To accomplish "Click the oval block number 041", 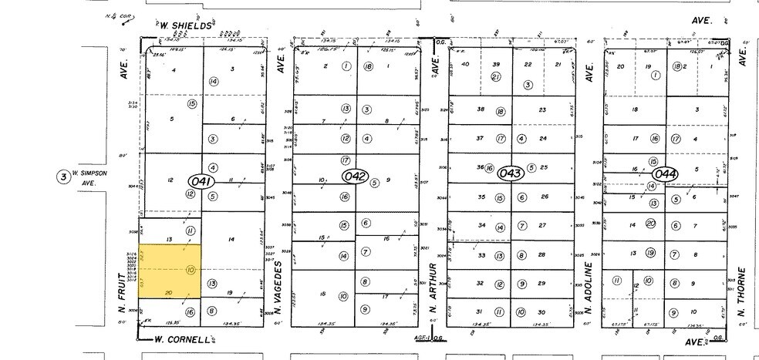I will click(x=200, y=180).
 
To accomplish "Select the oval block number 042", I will click(x=355, y=177).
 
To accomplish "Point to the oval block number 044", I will click(x=664, y=173).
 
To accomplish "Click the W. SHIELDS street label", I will click(x=185, y=25).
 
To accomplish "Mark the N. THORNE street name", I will click(x=743, y=292).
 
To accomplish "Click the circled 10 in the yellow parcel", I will click(x=190, y=270).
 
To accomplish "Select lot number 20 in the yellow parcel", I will click(x=169, y=292).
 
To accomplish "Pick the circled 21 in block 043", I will click(x=497, y=77).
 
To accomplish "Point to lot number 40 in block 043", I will click(x=465, y=65).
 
